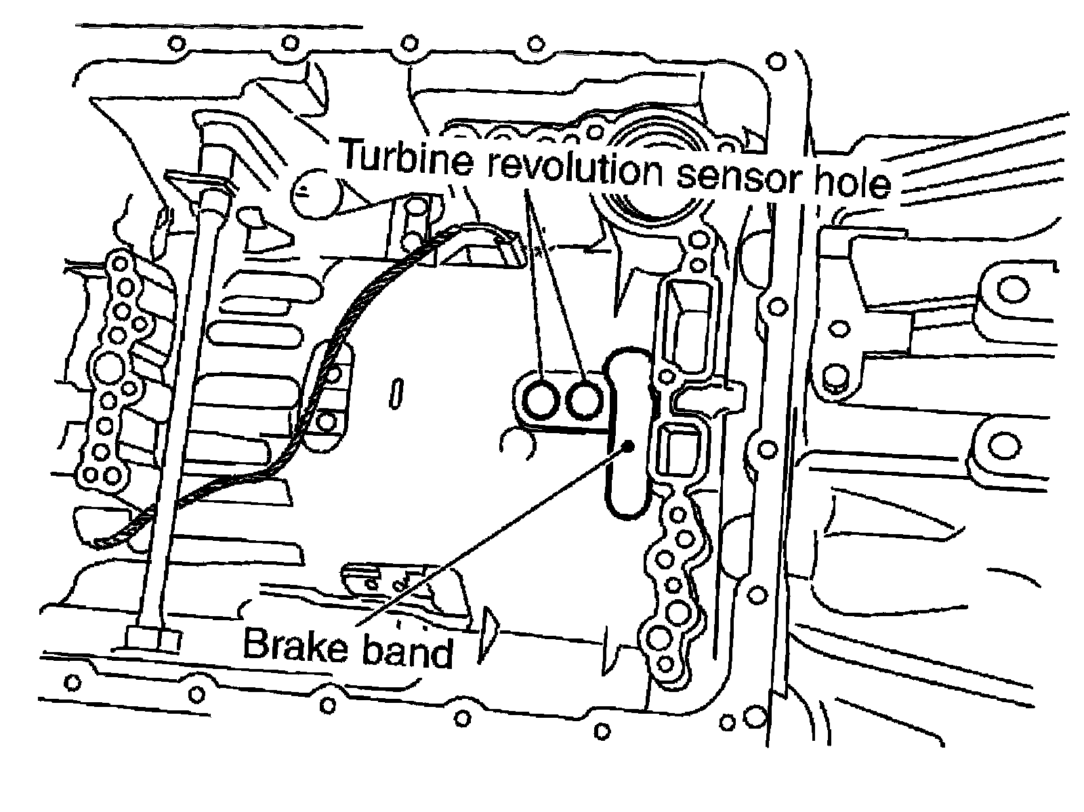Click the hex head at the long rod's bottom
(153, 638)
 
